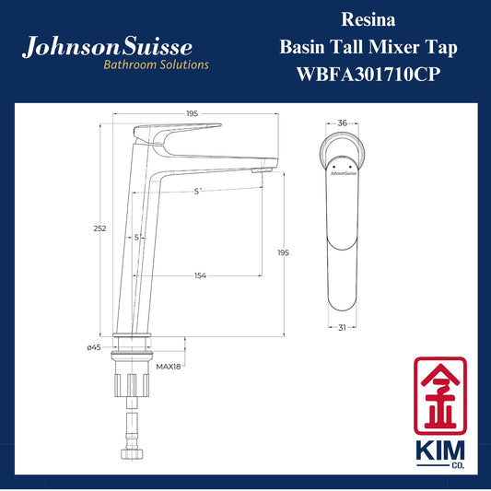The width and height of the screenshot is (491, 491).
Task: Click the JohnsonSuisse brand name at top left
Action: pyautogui.click(x=107, y=47)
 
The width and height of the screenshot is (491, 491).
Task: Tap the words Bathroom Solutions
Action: pyautogui.click(x=156, y=64)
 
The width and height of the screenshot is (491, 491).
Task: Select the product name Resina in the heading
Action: pyautogui.click(x=368, y=19)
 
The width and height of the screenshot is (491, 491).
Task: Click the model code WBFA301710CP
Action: pyautogui.click(x=368, y=75)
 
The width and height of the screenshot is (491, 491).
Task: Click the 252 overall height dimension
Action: pyautogui.click(x=99, y=228)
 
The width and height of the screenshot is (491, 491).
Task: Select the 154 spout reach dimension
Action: pyautogui.click(x=200, y=275)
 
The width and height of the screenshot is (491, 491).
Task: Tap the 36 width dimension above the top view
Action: pyautogui.click(x=343, y=123)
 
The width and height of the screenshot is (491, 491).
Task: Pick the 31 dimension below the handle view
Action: pyautogui.click(x=342, y=328)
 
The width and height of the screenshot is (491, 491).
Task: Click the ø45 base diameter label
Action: pyautogui.click(x=94, y=347)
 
